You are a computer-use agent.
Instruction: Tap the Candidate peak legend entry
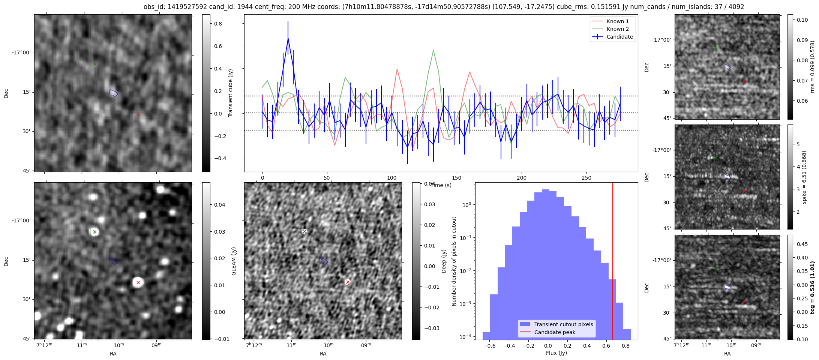tap(555, 332)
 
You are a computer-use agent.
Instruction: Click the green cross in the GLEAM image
tap(94, 232)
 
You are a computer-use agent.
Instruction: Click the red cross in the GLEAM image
tap(138, 282)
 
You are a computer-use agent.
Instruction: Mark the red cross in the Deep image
tap(348, 282)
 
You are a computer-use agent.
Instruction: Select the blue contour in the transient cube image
tap(113, 93)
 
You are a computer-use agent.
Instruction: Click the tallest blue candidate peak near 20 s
tap(288, 38)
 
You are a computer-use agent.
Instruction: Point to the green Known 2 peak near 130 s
tap(433, 50)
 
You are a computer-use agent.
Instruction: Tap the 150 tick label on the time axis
tap(457, 178)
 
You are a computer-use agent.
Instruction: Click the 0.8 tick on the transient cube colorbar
tap(218, 24)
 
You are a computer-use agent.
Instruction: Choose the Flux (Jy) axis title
tap(556, 353)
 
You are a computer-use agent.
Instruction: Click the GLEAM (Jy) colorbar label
tap(234, 261)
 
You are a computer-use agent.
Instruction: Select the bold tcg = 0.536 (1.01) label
tap(812, 287)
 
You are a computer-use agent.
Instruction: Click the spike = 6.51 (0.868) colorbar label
tap(804, 177)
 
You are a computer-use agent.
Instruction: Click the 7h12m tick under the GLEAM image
tap(45, 345)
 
